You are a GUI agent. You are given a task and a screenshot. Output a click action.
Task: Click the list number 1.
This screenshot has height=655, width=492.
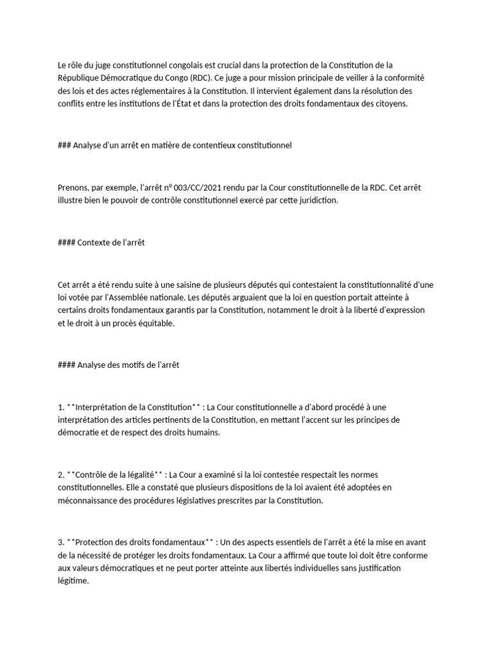(x=60, y=407)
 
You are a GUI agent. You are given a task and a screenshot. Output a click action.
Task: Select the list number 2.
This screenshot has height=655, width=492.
(x=60, y=475)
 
